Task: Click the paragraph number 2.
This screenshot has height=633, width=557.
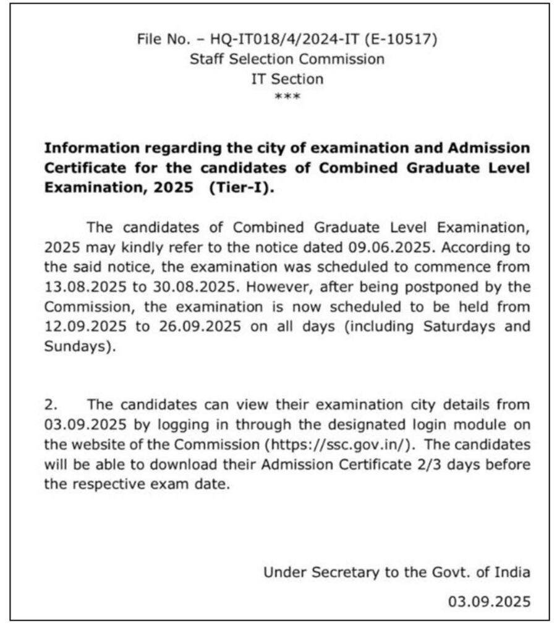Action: pyautogui.click(x=51, y=405)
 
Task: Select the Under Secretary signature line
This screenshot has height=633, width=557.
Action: pyautogui.click(x=396, y=572)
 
